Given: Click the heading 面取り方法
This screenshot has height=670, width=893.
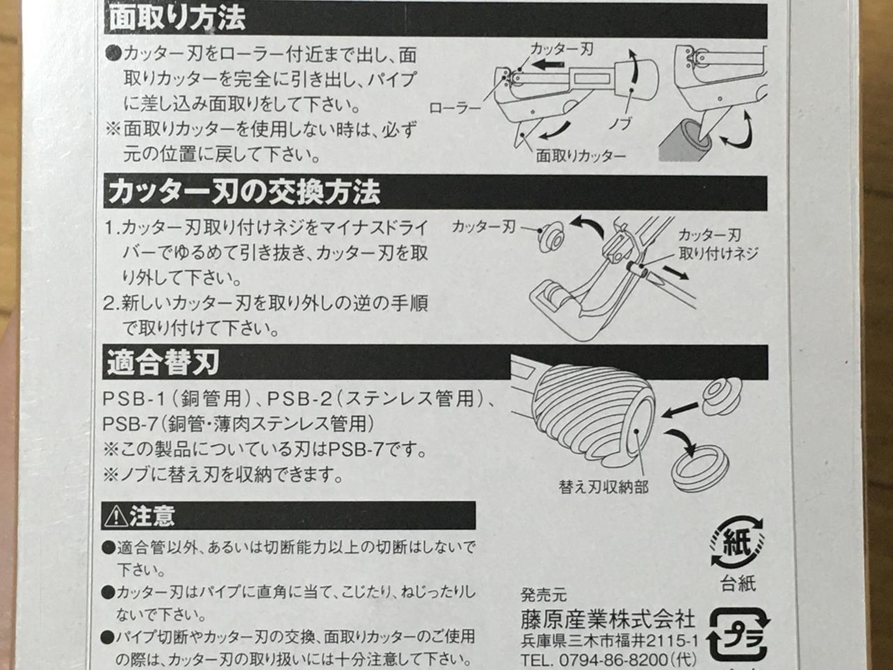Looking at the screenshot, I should click(177, 19).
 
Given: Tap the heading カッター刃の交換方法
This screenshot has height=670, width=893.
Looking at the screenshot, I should click(244, 192).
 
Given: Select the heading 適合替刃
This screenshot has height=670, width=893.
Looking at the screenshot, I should click(163, 362).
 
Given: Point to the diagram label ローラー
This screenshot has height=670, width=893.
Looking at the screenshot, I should click(454, 108).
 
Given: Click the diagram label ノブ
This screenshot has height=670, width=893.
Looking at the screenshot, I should click(620, 124).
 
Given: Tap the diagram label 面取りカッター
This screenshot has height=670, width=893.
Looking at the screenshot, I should click(580, 156).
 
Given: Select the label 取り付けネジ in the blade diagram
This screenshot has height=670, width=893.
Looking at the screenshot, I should click(718, 254).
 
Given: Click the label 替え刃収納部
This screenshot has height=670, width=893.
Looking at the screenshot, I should click(603, 487).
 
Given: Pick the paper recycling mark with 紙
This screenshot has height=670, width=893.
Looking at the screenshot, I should click(737, 543).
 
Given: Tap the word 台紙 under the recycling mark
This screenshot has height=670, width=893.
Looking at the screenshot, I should click(738, 583).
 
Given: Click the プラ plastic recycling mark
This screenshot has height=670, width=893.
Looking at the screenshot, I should click(738, 635).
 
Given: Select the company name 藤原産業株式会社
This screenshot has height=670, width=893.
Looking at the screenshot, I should click(607, 619).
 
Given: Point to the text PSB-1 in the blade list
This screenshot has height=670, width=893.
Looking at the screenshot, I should click(134, 399).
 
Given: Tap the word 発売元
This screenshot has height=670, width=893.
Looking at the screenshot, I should click(543, 595).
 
